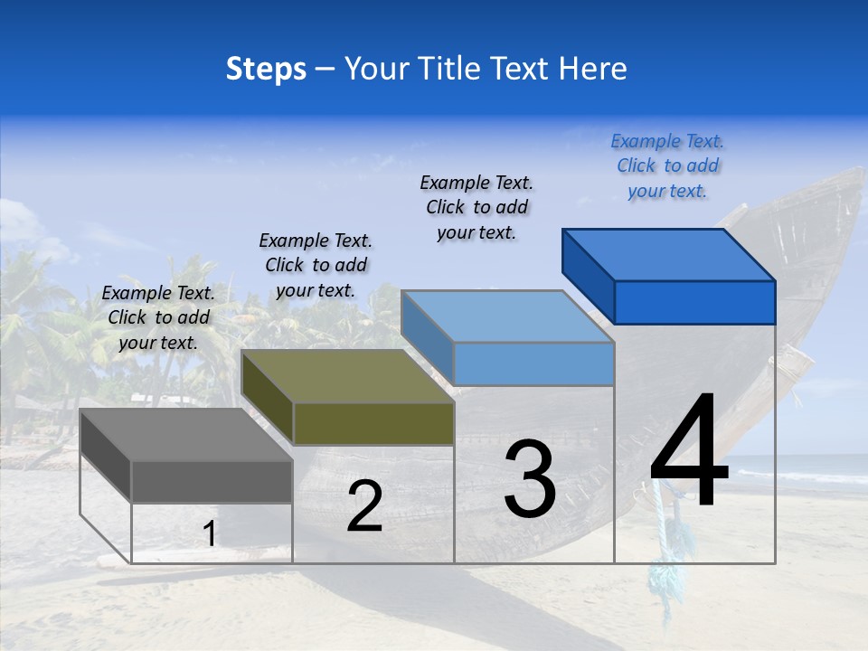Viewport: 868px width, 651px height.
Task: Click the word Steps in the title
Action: (x=266, y=69)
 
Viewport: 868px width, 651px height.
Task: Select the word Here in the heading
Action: (x=592, y=69)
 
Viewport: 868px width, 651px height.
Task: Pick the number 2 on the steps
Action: (x=364, y=507)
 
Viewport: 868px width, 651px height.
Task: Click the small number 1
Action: (x=209, y=534)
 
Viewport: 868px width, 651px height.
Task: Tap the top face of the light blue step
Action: (x=507, y=316)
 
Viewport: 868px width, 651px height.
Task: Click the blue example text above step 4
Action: (x=667, y=165)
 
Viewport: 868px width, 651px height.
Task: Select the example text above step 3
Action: (x=476, y=207)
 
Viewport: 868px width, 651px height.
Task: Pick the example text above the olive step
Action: (x=316, y=265)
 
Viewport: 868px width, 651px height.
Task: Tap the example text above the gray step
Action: (x=158, y=317)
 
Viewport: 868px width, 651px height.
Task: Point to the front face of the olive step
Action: (x=373, y=423)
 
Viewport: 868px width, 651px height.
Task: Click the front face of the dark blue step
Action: (x=694, y=302)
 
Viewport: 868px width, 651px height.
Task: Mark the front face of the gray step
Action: (x=212, y=481)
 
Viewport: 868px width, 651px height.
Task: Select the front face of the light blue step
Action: (x=533, y=363)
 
